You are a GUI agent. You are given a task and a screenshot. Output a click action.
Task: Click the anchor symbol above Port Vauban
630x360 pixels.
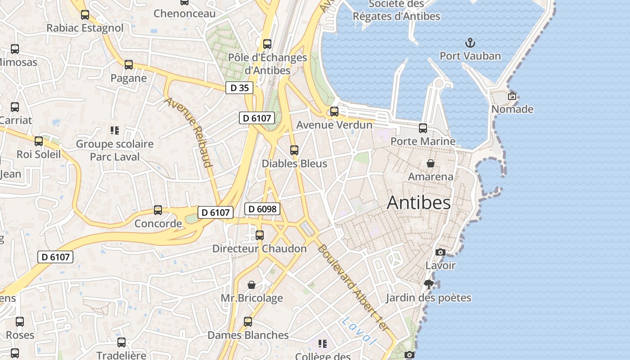coord(470,43)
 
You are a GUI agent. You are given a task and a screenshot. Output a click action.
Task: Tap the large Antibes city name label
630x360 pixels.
coord(418,202)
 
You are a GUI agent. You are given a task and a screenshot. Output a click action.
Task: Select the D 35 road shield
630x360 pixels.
coord(239,88)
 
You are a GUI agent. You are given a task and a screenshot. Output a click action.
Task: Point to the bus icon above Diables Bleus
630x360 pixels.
coord(294,150)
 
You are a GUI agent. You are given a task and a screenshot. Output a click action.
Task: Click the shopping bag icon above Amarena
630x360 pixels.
coord(431,163)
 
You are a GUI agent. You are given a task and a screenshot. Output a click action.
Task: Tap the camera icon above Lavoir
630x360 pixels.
coord(441,252)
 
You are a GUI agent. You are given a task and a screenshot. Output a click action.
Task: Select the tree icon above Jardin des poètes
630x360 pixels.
coord(429,284)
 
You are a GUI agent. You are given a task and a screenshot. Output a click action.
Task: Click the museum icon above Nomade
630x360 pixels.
coord(512,96)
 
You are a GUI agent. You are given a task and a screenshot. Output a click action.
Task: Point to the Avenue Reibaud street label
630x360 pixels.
coord(189,132)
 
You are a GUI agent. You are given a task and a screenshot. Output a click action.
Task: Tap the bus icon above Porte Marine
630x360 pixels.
coord(423,128)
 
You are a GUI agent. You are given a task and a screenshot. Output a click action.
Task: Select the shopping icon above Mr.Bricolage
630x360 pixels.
coord(252,285)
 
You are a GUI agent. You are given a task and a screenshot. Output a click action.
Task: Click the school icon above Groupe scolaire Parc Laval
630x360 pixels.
coord(115,130)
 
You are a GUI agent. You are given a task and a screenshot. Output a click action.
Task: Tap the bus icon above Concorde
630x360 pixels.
coord(158,210)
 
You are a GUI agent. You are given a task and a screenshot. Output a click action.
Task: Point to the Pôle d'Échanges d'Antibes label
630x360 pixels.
coord(267,64)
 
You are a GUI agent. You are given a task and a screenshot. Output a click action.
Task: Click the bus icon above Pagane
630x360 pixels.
coord(129,65)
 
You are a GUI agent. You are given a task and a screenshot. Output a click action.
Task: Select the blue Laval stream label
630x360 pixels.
coord(359,331)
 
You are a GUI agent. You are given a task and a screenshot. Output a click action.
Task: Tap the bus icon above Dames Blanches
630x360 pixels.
coord(248,322)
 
